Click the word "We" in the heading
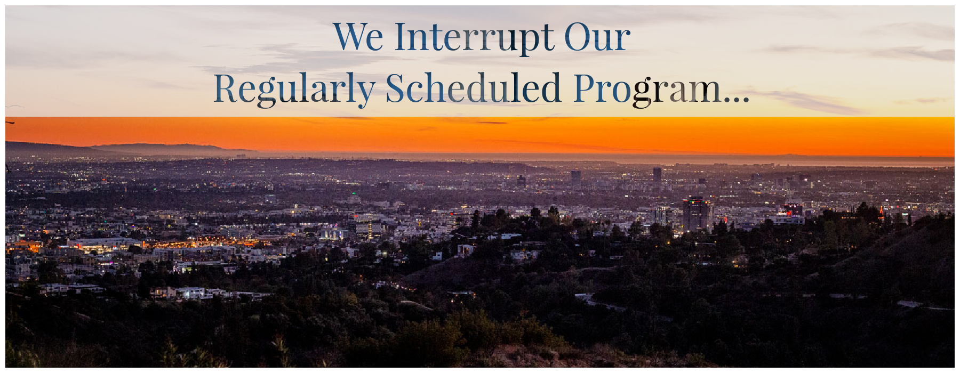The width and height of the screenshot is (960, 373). [x=358, y=37]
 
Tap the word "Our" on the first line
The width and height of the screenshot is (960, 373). [x=597, y=37]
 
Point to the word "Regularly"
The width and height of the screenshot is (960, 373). [x=294, y=89]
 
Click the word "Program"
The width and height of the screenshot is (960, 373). [x=647, y=89]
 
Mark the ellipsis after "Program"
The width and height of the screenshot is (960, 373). [x=737, y=99]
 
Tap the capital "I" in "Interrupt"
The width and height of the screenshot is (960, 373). [x=402, y=37]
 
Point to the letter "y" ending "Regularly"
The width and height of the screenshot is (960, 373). [x=365, y=95]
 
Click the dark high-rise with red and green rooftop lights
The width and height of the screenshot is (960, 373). [x=696, y=213]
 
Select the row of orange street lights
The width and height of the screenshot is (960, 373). [x=203, y=245]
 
